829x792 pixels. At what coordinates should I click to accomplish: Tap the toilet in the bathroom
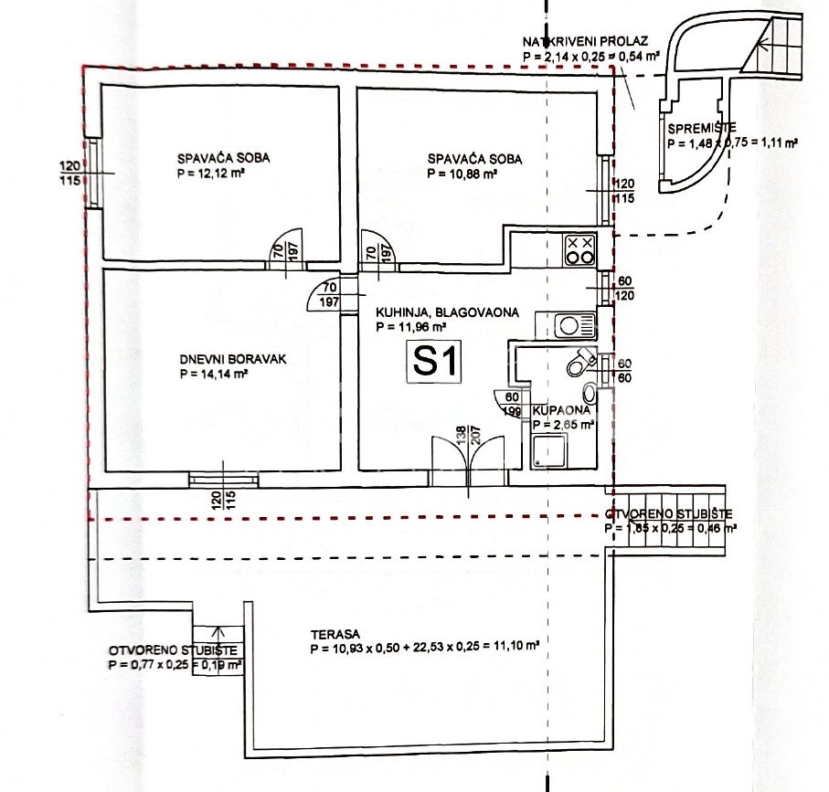(x=579, y=364)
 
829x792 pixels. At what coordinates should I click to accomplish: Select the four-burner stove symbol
(x=579, y=249)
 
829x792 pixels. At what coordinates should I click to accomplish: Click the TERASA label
(x=332, y=633)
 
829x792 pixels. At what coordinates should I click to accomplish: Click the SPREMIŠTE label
(x=701, y=130)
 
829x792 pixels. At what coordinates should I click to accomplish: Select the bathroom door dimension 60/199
(x=512, y=403)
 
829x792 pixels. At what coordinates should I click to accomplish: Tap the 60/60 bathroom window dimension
(x=624, y=370)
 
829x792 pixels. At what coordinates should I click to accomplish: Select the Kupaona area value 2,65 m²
(x=562, y=424)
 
